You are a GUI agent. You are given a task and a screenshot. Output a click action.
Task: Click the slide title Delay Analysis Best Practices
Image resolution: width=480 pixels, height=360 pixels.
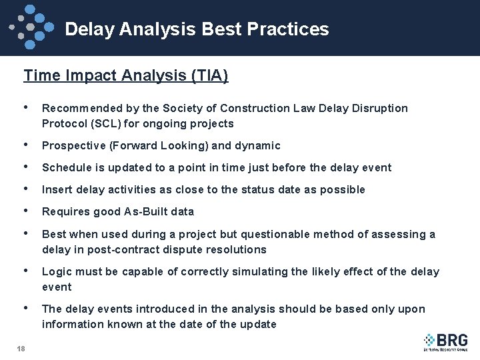[x=197, y=29]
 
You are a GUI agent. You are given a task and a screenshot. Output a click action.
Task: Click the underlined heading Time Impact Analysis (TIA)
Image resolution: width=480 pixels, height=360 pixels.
[x=126, y=76]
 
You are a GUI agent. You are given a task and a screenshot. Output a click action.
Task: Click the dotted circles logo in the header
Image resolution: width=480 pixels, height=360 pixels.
[x=31, y=25]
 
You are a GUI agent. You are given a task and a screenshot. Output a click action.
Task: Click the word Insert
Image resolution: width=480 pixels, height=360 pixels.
[x=56, y=189]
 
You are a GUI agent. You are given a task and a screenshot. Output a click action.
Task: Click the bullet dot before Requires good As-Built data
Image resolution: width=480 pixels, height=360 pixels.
[x=25, y=211]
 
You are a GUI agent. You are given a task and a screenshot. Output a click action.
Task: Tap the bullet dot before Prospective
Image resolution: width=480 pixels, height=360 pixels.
[x=25, y=145]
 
